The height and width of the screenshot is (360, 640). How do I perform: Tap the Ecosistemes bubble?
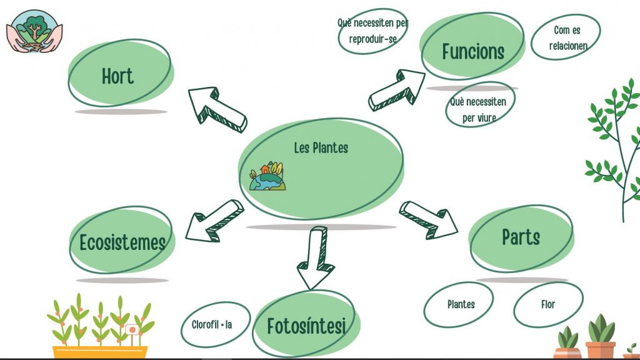(122, 241)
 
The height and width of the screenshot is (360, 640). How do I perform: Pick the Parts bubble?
(521, 237)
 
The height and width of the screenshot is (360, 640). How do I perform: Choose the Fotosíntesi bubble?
(306, 326)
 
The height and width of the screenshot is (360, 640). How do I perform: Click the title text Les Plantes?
(321, 148)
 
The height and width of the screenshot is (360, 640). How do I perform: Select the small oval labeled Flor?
(548, 305)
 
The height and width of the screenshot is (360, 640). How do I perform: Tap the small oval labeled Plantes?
(461, 305)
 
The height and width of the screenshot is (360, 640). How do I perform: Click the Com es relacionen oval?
(567, 37)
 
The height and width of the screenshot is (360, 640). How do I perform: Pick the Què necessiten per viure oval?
(479, 107)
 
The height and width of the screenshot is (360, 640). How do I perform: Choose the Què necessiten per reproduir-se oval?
(372, 30)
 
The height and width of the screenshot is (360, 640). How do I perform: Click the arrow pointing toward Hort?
(215, 107)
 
